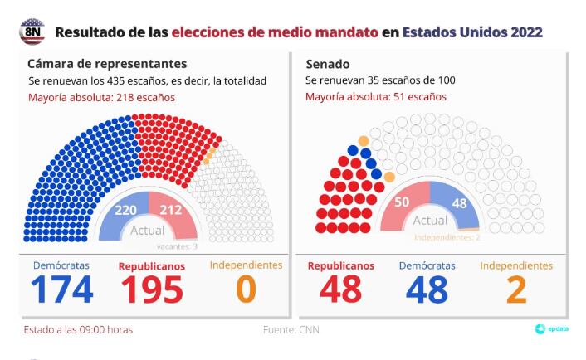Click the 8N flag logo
pos(32,32)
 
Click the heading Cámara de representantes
pos(107,63)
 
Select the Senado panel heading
pos(328,63)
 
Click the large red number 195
pos(152,289)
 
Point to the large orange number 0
pos(246,289)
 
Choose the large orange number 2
pos(516,289)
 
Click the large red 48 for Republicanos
pos(340,289)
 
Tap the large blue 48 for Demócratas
pos(427,289)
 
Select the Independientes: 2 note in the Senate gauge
pos(447,238)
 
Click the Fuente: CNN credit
pos(290,330)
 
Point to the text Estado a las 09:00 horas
pos(78,330)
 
